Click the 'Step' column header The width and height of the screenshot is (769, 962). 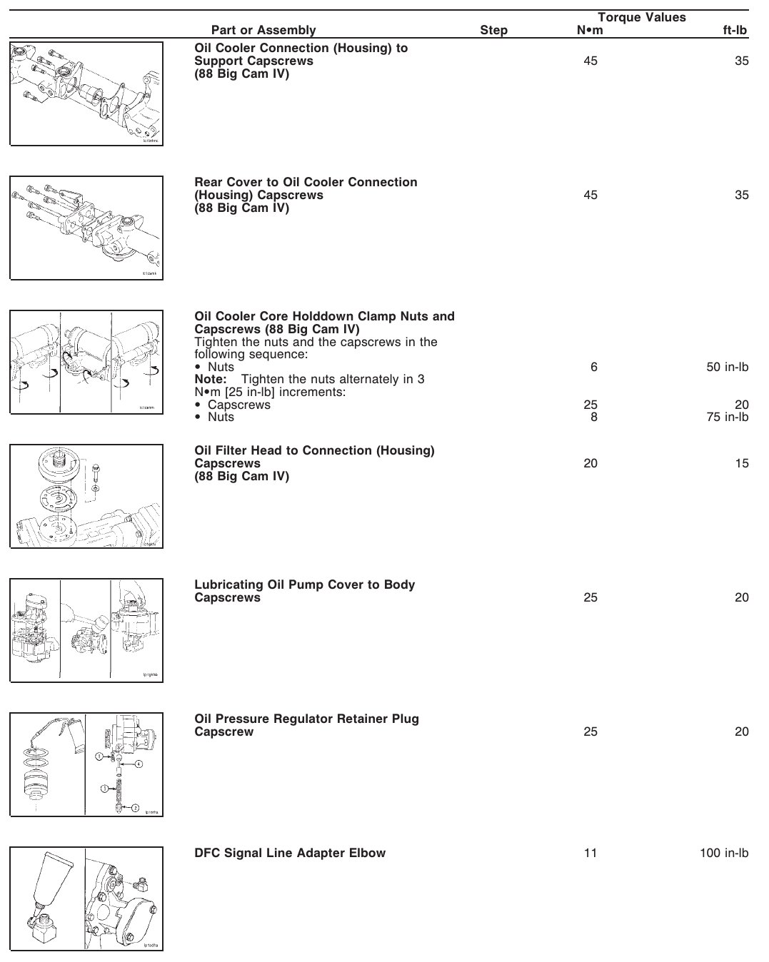493,30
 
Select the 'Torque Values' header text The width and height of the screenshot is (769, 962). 641,17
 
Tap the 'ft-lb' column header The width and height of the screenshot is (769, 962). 735,30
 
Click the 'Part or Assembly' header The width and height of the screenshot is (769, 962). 263,30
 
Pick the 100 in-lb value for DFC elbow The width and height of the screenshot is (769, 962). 724,853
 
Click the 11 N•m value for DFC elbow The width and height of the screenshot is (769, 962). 590,853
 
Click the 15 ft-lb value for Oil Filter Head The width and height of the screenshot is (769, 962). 742,463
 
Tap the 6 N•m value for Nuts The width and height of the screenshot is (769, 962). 593,367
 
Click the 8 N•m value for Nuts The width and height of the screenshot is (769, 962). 593,417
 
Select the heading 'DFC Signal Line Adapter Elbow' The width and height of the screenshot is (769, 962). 290,853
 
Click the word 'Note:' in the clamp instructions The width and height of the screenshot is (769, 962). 210,379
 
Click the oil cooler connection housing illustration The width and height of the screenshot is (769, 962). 86,93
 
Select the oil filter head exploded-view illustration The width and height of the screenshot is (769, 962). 86,496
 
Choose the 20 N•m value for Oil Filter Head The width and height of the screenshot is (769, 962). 590,463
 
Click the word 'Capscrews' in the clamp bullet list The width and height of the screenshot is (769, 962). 239,405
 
